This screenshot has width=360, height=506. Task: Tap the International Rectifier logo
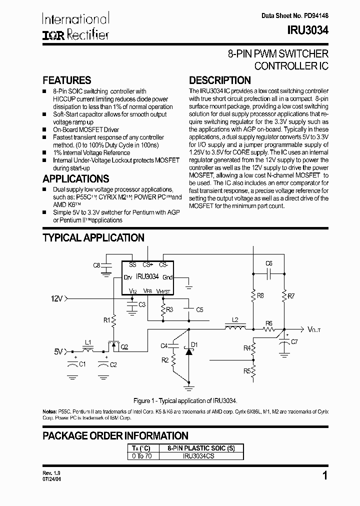75,26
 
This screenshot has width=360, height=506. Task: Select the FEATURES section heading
66,80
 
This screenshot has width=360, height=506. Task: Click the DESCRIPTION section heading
219,80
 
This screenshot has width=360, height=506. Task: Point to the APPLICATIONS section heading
75,179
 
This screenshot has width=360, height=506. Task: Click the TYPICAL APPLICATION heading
93,238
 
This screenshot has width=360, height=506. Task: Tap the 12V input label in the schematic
57,298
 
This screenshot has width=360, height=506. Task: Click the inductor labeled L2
235,328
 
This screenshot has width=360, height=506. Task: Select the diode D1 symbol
188,351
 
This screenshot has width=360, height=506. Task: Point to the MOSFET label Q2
124,346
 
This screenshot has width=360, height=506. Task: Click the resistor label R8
260,296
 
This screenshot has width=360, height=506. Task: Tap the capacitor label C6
269,263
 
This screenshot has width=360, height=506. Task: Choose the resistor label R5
247,371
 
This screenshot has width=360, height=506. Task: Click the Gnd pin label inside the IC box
168,277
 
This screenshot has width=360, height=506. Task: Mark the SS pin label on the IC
132,264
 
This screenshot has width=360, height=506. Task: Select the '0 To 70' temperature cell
142,456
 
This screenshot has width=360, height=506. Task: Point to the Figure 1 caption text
184,401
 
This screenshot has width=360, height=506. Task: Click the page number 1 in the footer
325,476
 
